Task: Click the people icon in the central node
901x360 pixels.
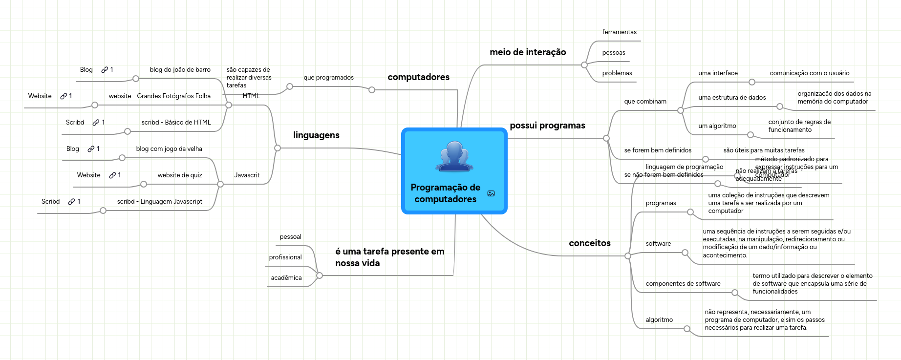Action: click(454, 156)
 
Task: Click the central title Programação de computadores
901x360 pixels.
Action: click(445, 193)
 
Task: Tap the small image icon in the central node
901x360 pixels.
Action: click(491, 193)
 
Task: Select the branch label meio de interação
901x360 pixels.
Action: click(528, 52)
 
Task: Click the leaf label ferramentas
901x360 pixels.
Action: click(619, 32)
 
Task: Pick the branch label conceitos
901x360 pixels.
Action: click(589, 243)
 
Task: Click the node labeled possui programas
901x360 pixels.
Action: click(547, 126)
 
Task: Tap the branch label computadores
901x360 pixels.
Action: click(418, 77)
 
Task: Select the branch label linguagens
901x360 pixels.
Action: click(316, 135)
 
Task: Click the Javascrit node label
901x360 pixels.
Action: click(247, 175)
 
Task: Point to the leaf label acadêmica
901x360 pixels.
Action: click(286, 278)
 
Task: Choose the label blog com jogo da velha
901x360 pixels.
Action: click(169, 149)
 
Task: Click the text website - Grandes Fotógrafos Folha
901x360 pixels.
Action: click(159, 96)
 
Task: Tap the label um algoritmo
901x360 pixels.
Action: click(717, 126)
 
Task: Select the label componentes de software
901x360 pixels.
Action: click(683, 284)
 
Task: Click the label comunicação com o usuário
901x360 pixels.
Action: click(809, 73)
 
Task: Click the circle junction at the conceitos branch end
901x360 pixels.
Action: click(628, 256)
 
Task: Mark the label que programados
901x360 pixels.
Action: click(328, 78)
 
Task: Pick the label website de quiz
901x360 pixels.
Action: click(180, 175)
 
